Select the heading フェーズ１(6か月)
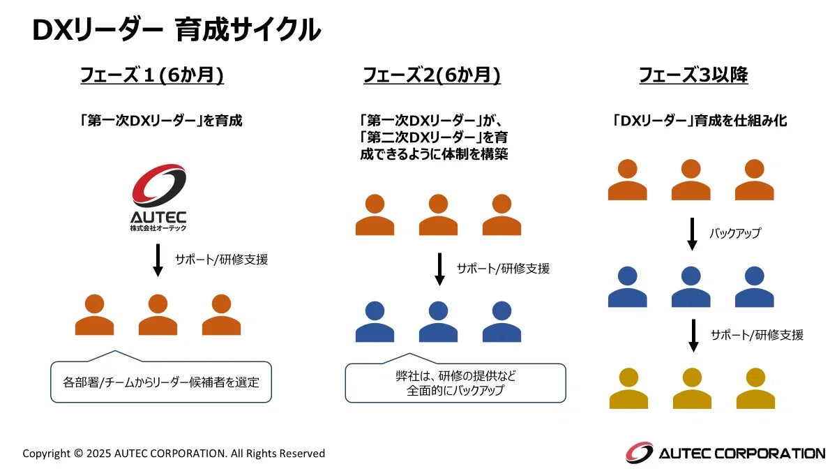[x=152, y=75]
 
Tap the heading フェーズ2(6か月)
[x=432, y=75]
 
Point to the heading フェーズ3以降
[x=693, y=75]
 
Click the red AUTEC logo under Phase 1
[x=159, y=196]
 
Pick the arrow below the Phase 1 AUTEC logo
[x=158, y=260]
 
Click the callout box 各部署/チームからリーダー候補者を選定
[x=161, y=382]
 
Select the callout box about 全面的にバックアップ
[x=455, y=383]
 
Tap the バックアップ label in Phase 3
[x=734, y=234]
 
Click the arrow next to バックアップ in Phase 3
[x=693, y=234]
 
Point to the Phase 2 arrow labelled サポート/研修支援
[x=439, y=269]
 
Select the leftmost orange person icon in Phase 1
[x=94, y=315]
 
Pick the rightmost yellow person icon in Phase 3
[x=755, y=388]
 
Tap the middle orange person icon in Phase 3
[x=691, y=180]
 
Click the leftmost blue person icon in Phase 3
[x=628, y=286]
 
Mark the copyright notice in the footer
[x=174, y=454]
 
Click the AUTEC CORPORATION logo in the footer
[x=725, y=453]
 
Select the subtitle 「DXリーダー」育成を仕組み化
[x=698, y=121]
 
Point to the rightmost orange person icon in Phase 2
[x=502, y=214]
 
